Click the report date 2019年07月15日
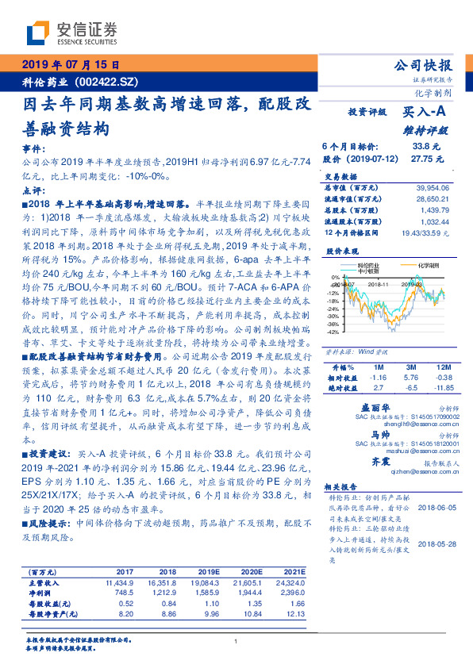[x=70, y=65]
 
